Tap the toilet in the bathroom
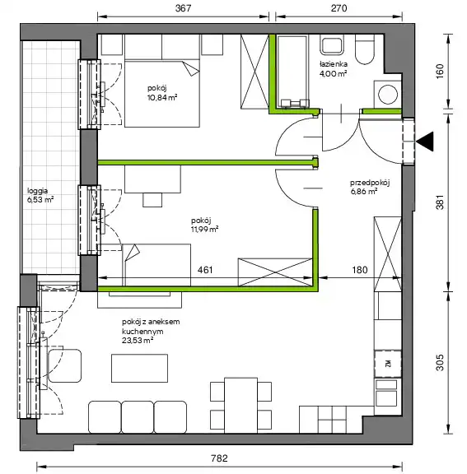pyautogui.click(x=365, y=49)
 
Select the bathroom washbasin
pyautogui.click(x=332, y=45)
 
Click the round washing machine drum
pyautogui.click(x=388, y=95)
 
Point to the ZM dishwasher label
pyautogui.click(x=388, y=364)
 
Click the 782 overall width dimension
pyautogui.click(x=219, y=458)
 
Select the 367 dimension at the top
pyautogui.click(x=184, y=8)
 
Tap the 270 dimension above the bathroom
pyautogui.click(x=339, y=8)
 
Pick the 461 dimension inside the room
pyautogui.click(x=205, y=270)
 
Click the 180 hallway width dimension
pyautogui.click(x=360, y=270)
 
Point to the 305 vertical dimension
pyautogui.click(x=440, y=362)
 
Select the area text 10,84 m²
pyautogui.click(x=162, y=98)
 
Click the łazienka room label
pyautogui.click(x=333, y=64)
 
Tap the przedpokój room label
pyautogui.click(x=370, y=183)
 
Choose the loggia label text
pyautogui.click(x=38, y=191)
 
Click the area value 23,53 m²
pyautogui.click(x=138, y=341)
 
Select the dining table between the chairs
pyautogui.click(x=241, y=406)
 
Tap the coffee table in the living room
pyautogui.click(x=139, y=368)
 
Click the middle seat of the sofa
pyautogui.click(x=138, y=417)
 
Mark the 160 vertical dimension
pyautogui.click(x=440, y=72)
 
